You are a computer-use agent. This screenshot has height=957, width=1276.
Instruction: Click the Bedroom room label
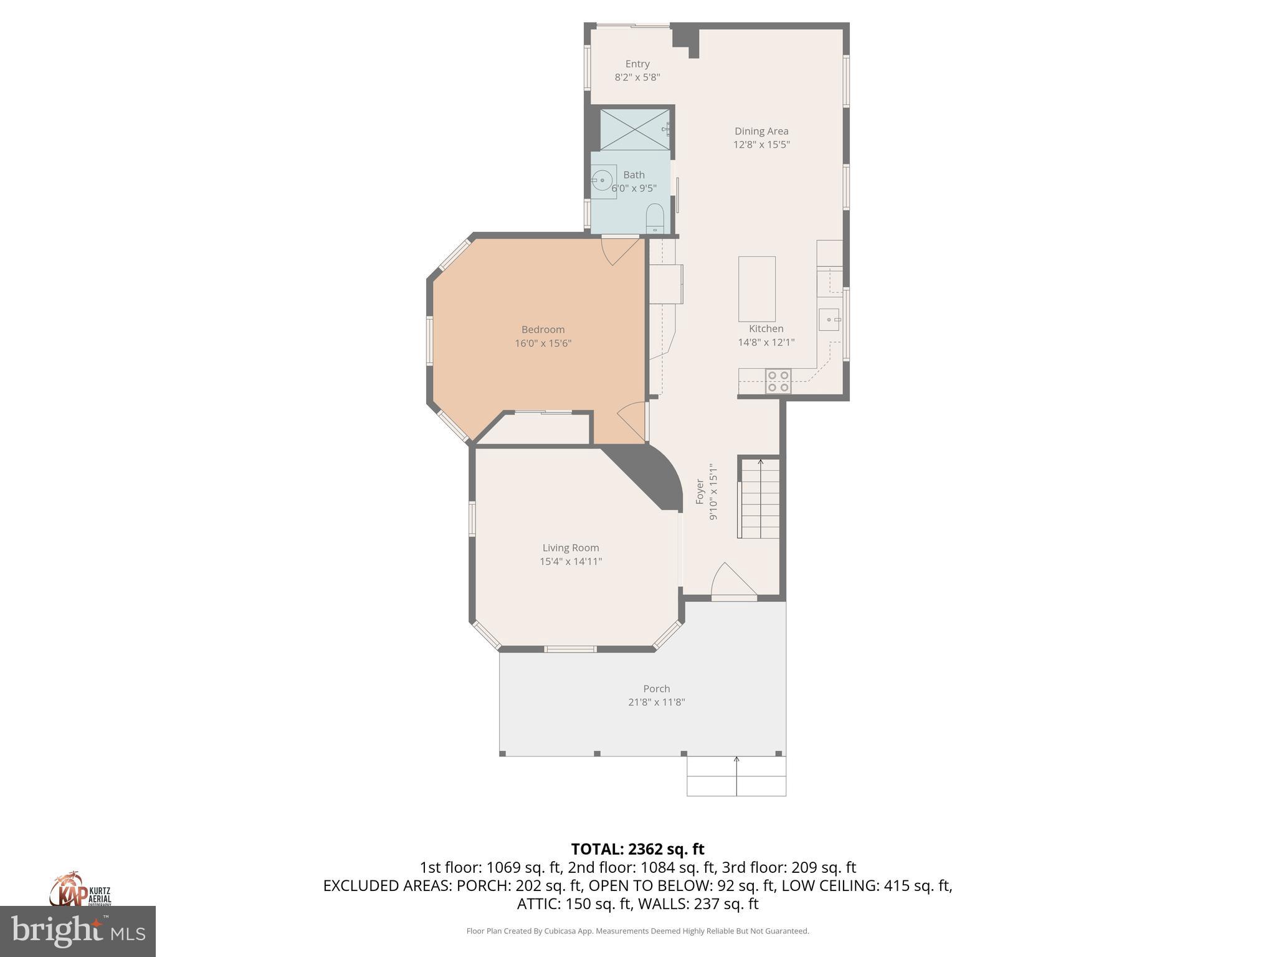(x=543, y=330)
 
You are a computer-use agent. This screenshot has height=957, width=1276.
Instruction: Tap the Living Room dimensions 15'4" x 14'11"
(x=570, y=561)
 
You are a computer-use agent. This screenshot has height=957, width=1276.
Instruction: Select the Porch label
(x=656, y=688)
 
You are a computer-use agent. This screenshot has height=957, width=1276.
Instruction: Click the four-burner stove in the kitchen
(x=778, y=381)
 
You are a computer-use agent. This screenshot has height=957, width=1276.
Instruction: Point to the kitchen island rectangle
(x=757, y=288)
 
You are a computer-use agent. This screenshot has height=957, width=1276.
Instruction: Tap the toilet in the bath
(x=655, y=217)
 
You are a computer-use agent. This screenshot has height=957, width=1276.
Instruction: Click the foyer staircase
(x=759, y=498)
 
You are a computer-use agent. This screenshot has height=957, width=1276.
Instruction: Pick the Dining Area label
(x=761, y=131)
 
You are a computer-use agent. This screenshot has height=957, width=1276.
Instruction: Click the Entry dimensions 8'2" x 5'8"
(x=637, y=77)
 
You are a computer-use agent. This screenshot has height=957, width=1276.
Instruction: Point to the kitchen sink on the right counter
(x=829, y=320)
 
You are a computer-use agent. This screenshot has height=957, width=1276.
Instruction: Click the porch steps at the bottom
(x=736, y=776)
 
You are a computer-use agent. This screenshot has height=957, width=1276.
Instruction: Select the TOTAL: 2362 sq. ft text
(x=637, y=849)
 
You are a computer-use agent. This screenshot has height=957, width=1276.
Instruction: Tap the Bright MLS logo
(x=77, y=931)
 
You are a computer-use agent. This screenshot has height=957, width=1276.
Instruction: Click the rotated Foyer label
(x=700, y=492)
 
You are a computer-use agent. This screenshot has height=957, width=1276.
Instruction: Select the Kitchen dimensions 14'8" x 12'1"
(x=766, y=342)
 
